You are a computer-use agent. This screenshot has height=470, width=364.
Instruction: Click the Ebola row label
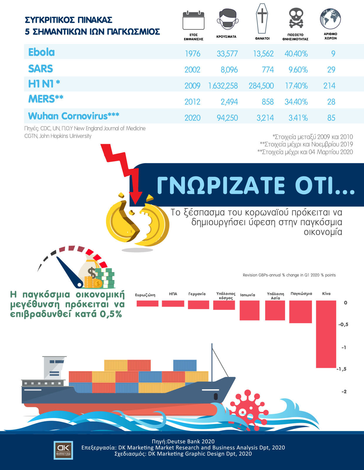(41, 52)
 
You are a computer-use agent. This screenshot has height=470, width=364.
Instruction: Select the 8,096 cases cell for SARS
(229, 70)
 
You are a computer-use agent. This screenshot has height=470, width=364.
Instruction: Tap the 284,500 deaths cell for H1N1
(261, 86)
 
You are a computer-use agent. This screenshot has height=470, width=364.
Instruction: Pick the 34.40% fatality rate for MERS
(296, 102)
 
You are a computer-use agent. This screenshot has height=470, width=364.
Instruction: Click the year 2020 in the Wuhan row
(192, 118)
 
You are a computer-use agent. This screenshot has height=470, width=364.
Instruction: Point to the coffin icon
(262, 18)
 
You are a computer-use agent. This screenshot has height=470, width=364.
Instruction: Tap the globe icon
(330, 18)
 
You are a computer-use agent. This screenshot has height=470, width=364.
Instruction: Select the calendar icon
(193, 20)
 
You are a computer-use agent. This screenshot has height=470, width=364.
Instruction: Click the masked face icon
(227, 19)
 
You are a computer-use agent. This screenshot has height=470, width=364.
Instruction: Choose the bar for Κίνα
(326, 334)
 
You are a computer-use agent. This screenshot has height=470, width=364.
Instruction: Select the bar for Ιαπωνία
(250, 310)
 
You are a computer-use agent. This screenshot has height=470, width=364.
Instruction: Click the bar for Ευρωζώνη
(147, 304)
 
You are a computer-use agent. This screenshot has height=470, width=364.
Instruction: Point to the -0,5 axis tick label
(343, 324)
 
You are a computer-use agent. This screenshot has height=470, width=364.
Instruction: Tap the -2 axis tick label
(344, 391)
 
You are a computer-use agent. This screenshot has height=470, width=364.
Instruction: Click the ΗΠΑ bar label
(173, 294)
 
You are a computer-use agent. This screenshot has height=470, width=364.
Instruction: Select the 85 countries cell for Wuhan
(331, 118)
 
